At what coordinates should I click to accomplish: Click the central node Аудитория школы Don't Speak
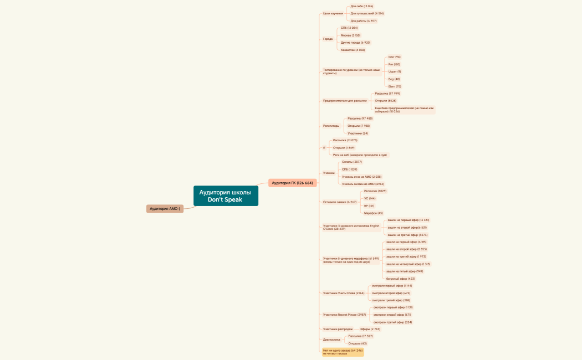[x=226, y=196]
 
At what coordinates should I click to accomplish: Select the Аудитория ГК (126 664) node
[x=292, y=183]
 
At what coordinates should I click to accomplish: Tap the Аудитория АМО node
[x=165, y=209]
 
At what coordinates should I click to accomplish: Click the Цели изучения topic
[x=333, y=13]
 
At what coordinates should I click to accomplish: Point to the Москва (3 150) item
[x=350, y=35]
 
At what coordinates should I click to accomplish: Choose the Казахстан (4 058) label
[x=353, y=50]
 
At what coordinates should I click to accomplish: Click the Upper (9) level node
[x=395, y=71]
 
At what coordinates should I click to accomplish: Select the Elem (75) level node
[x=395, y=86]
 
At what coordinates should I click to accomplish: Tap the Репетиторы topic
[x=331, y=126]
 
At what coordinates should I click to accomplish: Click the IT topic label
[x=324, y=148]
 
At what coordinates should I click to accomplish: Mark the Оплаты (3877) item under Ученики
[x=352, y=162]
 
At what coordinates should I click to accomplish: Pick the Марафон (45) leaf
[x=373, y=213]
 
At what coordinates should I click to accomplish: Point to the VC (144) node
[x=370, y=198]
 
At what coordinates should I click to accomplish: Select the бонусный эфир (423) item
[x=400, y=279]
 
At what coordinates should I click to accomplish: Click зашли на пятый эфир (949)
[x=405, y=271]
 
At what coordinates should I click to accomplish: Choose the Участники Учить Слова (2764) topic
[x=344, y=293]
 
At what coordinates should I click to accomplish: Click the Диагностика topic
[x=331, y=340]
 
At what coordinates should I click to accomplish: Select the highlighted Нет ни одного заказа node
[x=343, y=352]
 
